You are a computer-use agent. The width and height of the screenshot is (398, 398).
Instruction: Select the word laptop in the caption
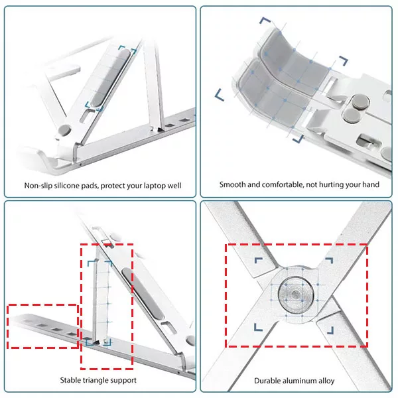pos(154,186)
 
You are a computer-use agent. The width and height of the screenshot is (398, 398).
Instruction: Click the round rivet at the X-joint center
pos(296,295)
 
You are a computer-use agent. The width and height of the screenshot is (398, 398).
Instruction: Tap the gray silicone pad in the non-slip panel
pos(110,78)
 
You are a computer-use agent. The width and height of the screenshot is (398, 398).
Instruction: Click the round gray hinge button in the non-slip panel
pos(64,130)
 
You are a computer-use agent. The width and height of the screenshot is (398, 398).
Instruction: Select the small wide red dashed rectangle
pos(43,326)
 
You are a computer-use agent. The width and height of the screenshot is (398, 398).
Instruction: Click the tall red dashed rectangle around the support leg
pos(107,306)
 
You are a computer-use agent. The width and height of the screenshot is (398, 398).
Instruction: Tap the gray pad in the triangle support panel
pos(143,294)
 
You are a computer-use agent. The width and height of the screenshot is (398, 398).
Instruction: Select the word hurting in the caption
pos(332,185)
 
